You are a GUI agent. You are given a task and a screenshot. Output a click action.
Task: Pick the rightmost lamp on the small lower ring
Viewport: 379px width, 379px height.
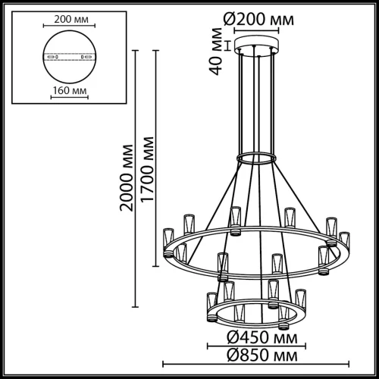[301, 297]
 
